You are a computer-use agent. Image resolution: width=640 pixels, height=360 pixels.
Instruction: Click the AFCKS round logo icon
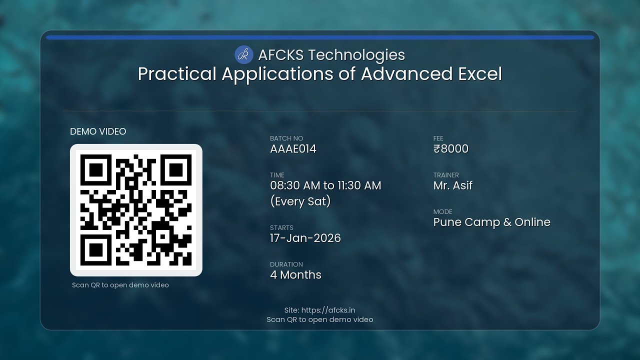pyautogui.click(x=244, y=54)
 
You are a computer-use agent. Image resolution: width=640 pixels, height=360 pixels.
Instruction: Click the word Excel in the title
pyautogui.click(x=480, y=74)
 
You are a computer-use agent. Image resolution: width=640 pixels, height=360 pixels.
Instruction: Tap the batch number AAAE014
pyautogui.click(x=293, y=149)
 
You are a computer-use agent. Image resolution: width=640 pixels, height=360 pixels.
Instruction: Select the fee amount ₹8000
pyautogui.click(x=451, y=149)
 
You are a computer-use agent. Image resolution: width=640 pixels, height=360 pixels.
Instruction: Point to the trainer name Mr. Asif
pyautogui.click(x=453, y=185)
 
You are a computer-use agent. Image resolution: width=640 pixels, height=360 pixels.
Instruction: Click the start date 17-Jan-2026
pyautogui.click(x=305, y=238)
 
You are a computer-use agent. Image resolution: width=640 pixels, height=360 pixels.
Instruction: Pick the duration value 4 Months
pyautogui.click(x=295, y=274)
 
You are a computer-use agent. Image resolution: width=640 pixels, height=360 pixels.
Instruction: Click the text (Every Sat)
pyautogui.click(x=300, y=201)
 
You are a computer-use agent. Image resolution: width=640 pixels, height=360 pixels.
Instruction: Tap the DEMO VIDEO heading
pyautogui.click(x=98, y=131)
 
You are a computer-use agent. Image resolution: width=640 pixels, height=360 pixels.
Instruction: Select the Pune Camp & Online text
pyautogui.click(x=491, y=222)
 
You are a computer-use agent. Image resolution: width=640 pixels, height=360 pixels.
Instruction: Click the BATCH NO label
pyautogui.click(x=286, y=138)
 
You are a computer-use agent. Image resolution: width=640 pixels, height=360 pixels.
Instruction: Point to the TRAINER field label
pyautogui.click(x=446, y=175)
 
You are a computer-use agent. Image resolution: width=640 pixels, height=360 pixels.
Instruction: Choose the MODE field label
pyautogui.click(x=443, y=211)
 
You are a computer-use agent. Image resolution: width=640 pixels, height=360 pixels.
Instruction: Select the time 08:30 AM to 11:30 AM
pyautogui.click(x=325, y=185)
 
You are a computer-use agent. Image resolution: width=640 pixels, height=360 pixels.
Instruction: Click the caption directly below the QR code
pyautogui.click(x=120, y=285)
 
